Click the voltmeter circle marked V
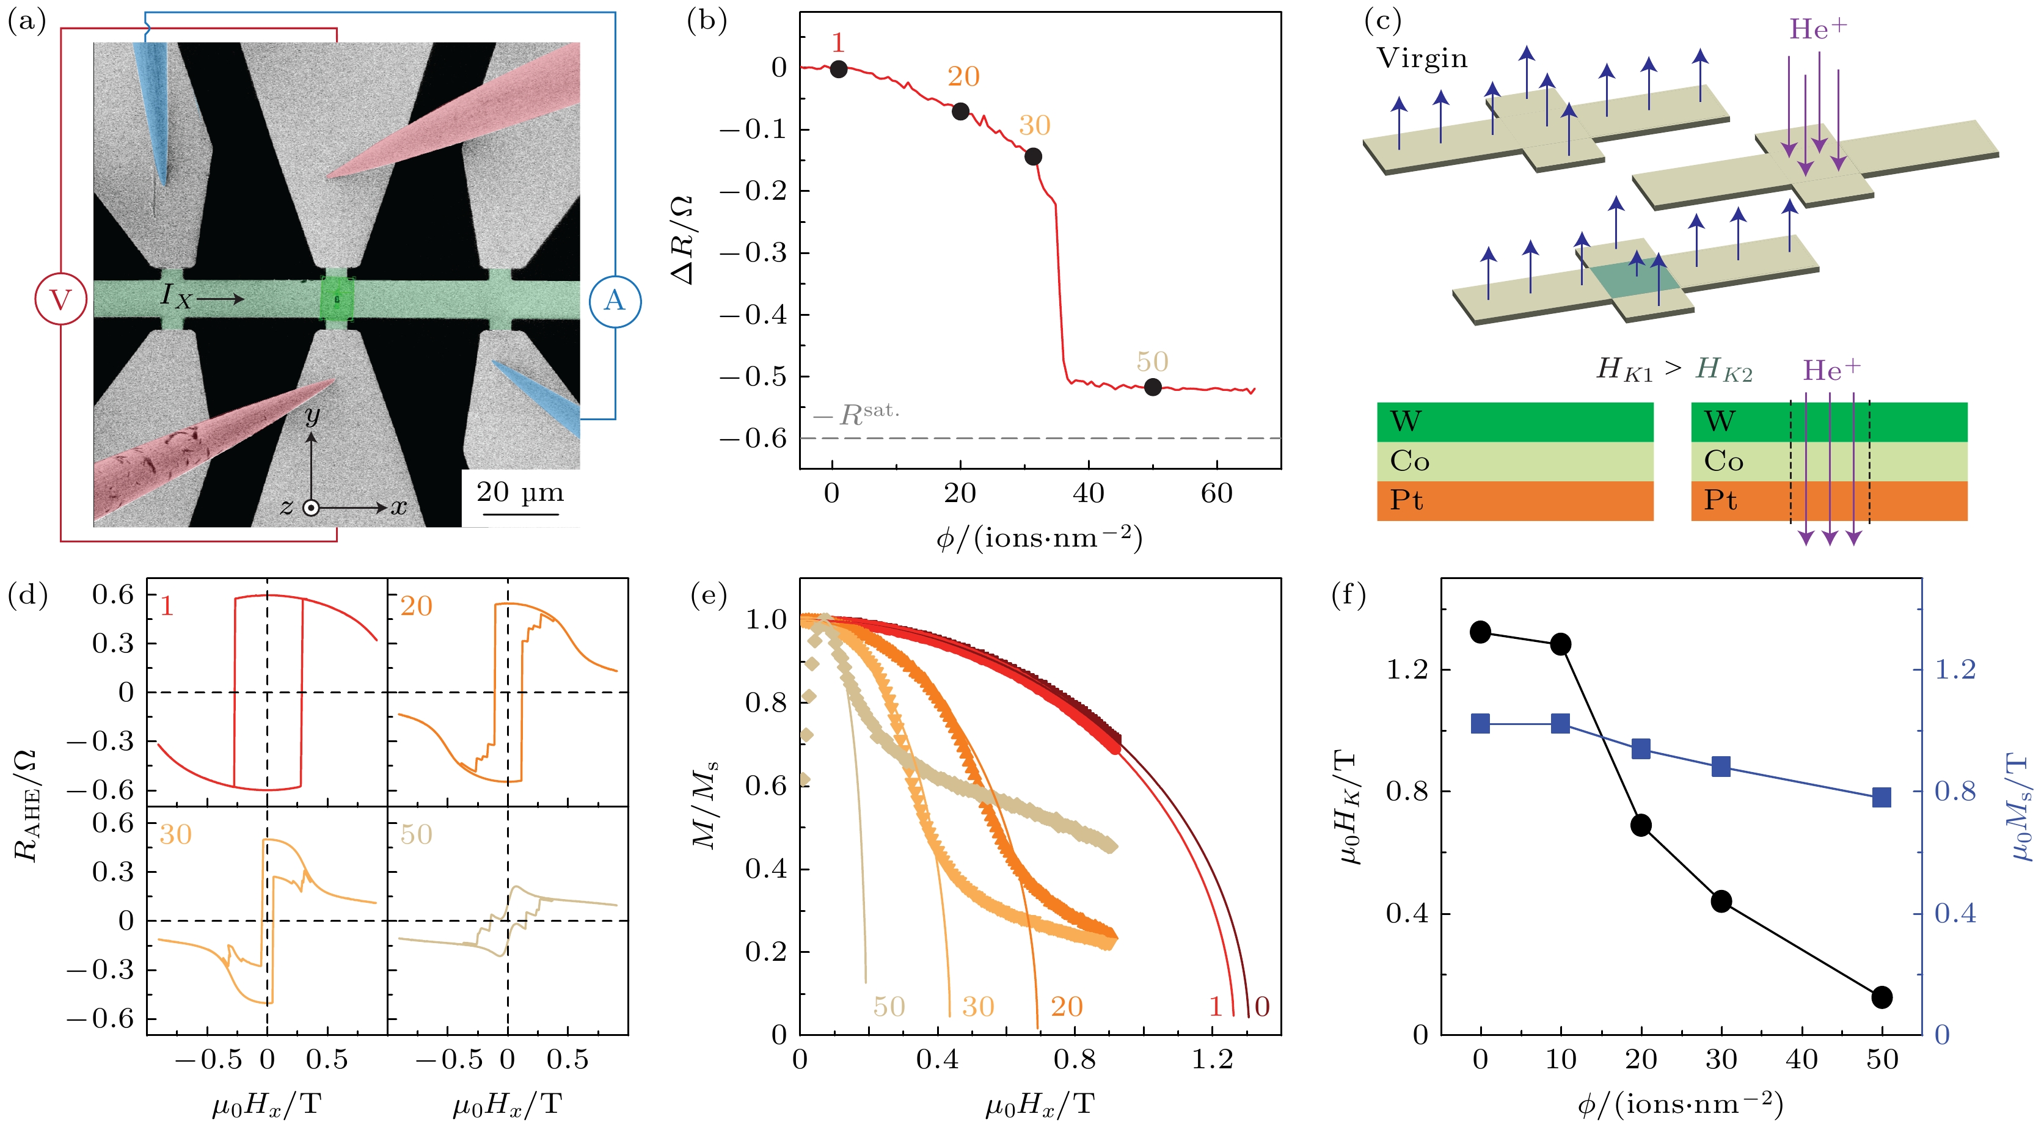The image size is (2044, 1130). [x=60, y=300]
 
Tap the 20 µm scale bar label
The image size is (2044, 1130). [x=520, y=493]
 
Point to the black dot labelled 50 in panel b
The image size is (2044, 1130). [x=1153, y=387]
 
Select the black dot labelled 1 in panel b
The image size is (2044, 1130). [x=839, y=69]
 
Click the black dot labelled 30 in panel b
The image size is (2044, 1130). [x=1033, y=156]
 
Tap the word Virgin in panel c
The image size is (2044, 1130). [x=1423, y=59]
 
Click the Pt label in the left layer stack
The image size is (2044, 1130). [x=1406, y=501]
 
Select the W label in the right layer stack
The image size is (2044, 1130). [x=1720, y=421]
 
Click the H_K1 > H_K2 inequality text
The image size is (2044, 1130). [x=1674, y=369]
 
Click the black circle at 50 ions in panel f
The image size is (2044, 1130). [x=1882, y=997]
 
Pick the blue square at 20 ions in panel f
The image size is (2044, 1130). [x=1641, y=749]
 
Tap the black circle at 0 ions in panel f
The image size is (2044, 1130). [x=1481, y=632]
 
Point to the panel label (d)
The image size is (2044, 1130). [x=27, y=595]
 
